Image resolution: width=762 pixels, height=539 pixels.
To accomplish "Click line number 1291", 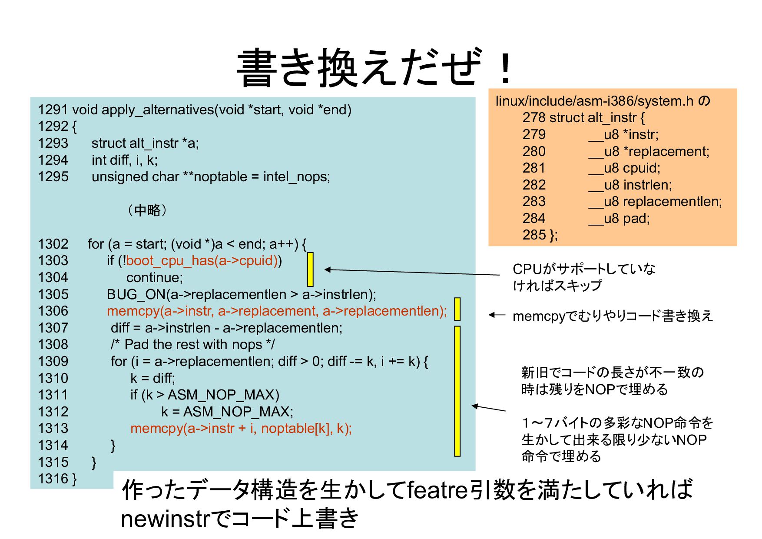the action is [x=53, y=110].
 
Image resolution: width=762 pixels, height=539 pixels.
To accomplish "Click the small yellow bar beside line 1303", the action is [x=310, y=269].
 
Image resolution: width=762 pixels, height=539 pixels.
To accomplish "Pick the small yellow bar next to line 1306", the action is [x=457, y=309].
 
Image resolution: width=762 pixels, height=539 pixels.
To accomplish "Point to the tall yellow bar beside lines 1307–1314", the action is [x=457, y=391].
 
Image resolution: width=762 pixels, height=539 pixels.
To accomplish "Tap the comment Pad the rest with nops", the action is [x=193, y=344].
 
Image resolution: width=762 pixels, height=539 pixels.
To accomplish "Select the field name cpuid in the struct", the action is [x=641, y=168].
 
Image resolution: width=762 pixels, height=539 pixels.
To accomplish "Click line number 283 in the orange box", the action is [x=534, y=202].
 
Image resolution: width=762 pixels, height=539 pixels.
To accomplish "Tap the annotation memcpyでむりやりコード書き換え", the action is [x=613, y=316].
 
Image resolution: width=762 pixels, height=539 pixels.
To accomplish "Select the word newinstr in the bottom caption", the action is [x=165, y=519].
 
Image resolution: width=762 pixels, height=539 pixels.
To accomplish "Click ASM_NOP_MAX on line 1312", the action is [x=238, y=412].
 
